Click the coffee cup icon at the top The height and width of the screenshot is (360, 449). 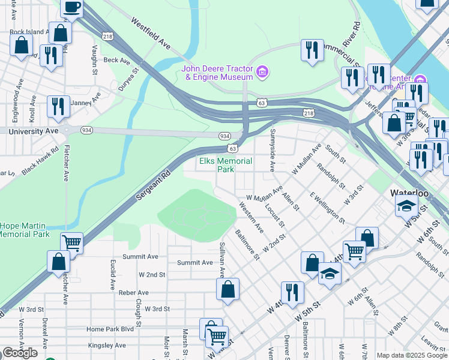(72, 8)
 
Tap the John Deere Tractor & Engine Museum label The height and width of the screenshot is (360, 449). (217, 73)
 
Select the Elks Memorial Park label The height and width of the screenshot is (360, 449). (225, 165)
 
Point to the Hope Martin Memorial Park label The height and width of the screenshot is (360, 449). (25, 230)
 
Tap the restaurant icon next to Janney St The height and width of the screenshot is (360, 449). (58, 106)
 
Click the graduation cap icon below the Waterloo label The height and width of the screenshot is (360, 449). (406, 205)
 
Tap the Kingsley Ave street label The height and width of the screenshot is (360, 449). (106, 345)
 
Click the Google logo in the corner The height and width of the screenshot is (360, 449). (20, 353)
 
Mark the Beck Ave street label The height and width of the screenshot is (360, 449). (116, 61)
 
